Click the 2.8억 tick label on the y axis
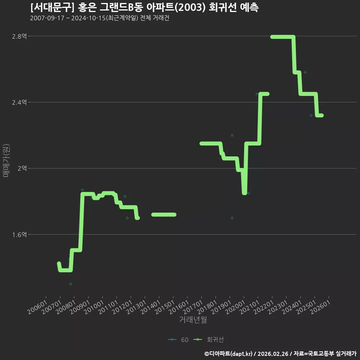pyautogui.click(x=19, y=36)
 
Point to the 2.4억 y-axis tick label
pyautogui.click(x=19, y=102)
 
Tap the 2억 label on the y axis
pyautogui.click(x=22, y=168)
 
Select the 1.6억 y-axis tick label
pyautogui.click(x=19, y=235)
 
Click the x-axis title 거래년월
pyautogui.click(x=193, y=319)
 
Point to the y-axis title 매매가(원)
pyautogui.click(x=6, y=160)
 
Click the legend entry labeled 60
pyautogui.click(x=178, y=340)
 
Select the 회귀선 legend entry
pyautogui.click(x=208, y=340)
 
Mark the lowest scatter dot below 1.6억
pyautogui.click(x=71, y=284)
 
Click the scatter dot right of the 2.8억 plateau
pyautogui.click(x=305, y=72)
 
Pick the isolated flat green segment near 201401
pyautogui.click(x=164, y=214)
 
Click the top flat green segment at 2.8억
pyautogui.click(x=283, y=37)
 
